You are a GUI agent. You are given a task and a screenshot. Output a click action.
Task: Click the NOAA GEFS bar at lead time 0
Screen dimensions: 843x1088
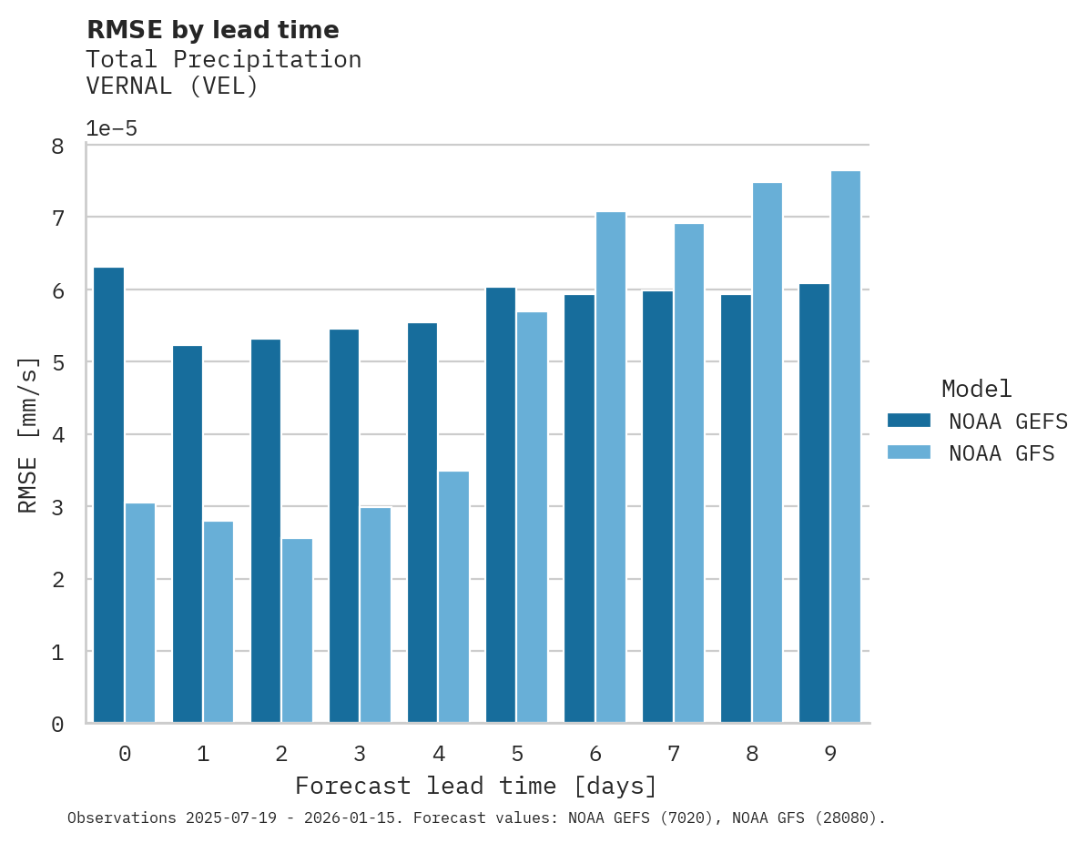pos(108,495)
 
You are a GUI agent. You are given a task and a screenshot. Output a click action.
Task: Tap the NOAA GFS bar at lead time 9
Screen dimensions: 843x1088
pos(845,447)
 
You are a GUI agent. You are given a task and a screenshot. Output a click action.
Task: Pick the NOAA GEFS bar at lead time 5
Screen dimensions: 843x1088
pos(501,505)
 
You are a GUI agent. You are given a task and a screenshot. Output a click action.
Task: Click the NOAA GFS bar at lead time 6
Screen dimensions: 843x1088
pos(610,468)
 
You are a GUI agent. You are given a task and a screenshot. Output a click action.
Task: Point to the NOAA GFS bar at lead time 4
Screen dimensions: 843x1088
pos(453,597)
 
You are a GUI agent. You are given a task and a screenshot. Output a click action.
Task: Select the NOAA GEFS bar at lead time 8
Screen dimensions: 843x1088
pos(736,509)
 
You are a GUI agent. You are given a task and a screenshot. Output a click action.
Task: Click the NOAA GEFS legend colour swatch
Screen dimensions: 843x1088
pos(909,420)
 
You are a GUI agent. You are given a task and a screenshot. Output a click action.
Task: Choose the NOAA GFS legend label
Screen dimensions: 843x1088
pos(1002,453)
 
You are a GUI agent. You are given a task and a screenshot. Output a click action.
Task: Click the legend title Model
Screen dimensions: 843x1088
pos(976,389)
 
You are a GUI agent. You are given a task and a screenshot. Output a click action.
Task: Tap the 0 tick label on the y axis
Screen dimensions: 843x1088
pos(56,725)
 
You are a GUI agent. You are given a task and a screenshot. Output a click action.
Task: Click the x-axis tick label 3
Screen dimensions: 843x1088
pos(360,754)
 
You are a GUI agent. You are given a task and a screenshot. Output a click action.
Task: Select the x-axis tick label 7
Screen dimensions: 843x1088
pos(674,754)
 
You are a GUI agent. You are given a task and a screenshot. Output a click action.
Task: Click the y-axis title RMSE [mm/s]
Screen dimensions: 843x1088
pos(28,434)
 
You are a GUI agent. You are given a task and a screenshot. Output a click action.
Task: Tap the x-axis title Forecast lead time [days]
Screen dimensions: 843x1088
pos(475,786)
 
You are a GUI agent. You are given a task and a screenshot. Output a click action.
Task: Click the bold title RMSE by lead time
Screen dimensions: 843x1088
pos(212,30)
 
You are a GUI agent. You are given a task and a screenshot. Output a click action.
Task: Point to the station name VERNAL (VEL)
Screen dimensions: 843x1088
pos(172,86)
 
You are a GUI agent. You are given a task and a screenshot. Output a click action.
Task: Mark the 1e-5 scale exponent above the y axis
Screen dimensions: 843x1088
pos(111,128)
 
